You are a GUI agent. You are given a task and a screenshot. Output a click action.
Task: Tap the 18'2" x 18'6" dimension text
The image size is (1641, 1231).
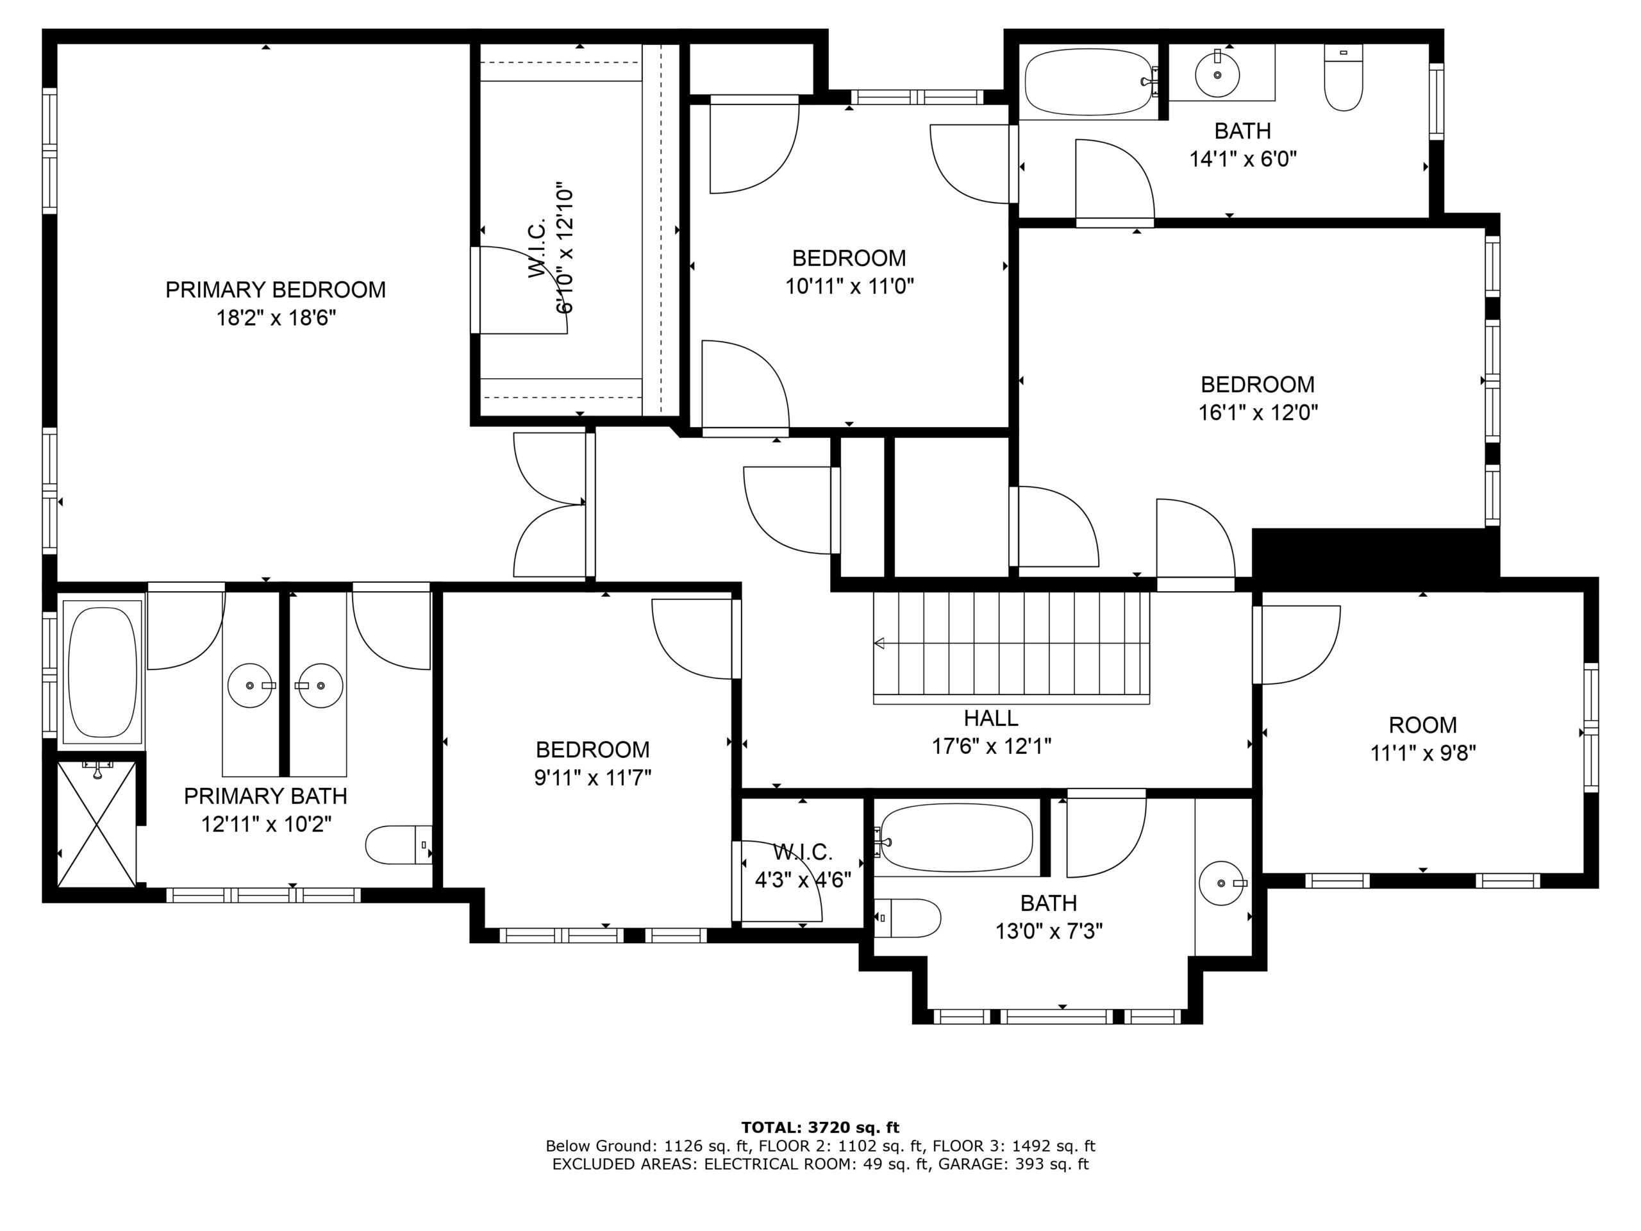point(276,318)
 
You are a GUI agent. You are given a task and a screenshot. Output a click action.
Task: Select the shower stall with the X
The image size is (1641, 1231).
point(96,824)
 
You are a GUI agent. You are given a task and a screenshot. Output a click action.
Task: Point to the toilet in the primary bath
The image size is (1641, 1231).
point(399,844)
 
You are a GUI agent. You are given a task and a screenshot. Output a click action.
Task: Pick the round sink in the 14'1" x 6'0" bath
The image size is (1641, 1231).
point(1217,74)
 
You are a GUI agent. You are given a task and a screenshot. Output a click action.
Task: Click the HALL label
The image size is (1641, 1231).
point(990,717)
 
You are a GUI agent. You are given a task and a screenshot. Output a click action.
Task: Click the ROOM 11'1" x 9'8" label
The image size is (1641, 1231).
point(1423,739)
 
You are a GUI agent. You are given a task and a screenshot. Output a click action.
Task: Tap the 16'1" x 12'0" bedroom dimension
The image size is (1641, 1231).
point(1258,412)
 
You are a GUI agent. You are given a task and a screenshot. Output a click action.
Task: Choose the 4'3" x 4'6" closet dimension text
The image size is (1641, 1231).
point(803,880)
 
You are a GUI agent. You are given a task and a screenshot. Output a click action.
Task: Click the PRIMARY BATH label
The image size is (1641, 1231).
point(265,796)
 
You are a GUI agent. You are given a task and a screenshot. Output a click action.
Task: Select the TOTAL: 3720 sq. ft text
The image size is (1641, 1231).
point(820,1128)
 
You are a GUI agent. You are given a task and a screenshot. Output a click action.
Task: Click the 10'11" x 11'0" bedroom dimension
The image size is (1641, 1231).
point(849,287)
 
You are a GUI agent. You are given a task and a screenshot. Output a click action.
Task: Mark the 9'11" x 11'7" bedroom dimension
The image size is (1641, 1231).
point(593,778)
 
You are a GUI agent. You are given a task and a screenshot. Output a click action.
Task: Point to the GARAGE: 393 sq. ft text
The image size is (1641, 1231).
point(1013,1164)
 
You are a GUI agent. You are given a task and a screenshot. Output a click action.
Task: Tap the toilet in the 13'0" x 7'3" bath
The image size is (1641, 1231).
point(908,918)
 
